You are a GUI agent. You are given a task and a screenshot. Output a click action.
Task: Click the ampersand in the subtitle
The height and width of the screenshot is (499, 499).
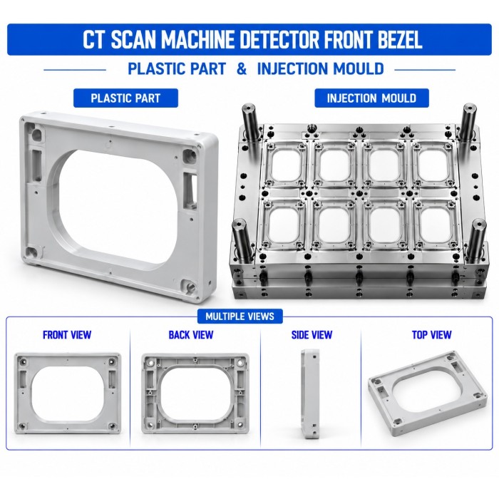[x=242, y=68]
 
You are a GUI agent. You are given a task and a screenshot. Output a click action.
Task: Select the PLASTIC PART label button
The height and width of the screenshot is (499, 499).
[x=125, y=98]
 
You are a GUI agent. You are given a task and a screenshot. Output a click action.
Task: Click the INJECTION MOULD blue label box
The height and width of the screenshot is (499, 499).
[x=371, y=98]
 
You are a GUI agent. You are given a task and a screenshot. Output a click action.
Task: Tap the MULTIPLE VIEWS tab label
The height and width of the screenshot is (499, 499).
[x=240, y=317]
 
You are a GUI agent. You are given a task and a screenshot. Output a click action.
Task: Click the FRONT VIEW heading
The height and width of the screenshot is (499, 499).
[x=67, y=335]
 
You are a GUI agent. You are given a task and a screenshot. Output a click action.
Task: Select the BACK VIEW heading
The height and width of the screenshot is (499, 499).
[x=191, y=335]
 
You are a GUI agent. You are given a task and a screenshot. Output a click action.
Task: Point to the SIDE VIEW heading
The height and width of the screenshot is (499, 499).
[x=312, y=335]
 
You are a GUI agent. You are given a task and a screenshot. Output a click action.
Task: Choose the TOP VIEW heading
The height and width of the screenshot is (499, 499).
[x=432, y=335]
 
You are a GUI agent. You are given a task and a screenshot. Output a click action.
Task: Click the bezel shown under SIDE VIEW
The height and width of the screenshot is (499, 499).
[x=310, y=393]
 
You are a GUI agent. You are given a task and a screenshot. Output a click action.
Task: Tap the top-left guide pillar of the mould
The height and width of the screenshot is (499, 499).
[x=250, y=123]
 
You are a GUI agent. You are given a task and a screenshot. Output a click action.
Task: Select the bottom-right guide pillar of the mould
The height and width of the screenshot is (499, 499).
[x=477, y=241]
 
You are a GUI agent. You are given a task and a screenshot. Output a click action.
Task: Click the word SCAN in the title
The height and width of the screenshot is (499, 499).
[x=134, y=39]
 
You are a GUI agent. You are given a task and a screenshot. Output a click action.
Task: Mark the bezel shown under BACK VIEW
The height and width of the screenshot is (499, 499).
[x=195, y=393]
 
